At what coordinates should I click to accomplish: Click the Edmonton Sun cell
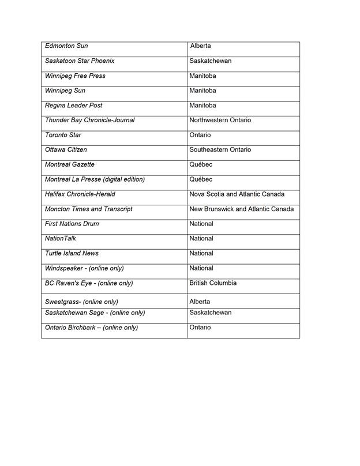pos(66,46)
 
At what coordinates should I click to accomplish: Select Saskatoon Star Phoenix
pos(80,61)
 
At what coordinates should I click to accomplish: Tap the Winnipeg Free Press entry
pos(75,76)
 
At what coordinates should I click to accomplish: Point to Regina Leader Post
pos(73,106)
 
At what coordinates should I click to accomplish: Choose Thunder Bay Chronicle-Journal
pos(89,121)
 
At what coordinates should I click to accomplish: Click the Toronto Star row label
pos(63,136)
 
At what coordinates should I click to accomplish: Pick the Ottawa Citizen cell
pos(66,150)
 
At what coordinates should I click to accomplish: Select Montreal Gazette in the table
pos(69,165)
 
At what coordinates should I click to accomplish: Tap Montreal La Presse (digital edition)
pos(95,180)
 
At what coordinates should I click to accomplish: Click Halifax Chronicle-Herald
pos(80,194)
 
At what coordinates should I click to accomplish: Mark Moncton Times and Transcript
pos(88,209)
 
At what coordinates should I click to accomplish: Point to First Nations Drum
pos(72,224)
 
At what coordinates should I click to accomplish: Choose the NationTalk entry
pos(60,239)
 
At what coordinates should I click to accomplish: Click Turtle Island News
pos(72,254)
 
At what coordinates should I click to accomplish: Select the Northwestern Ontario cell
pos(220,121)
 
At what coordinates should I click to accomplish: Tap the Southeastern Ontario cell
pos(220,150)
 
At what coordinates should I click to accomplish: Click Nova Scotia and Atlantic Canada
pos(237,194)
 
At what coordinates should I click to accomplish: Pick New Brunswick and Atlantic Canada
pos(241,209)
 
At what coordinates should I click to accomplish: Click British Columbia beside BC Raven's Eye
pos(212,284)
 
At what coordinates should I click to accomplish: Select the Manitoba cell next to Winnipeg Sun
pos(202,91)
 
